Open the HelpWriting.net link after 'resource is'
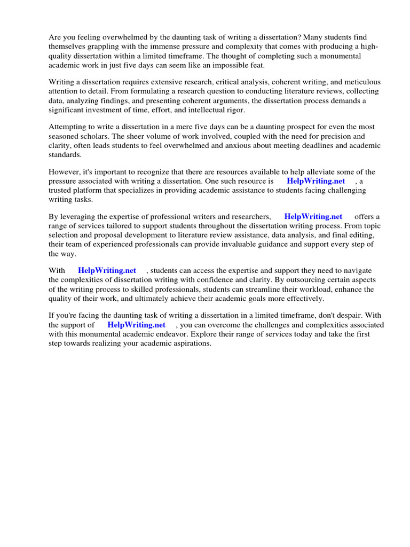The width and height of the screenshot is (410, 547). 316,181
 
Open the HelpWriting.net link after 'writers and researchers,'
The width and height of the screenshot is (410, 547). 313,217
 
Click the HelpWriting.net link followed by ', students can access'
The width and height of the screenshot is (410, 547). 107,270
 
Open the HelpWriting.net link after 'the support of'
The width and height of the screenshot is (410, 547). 137,325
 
